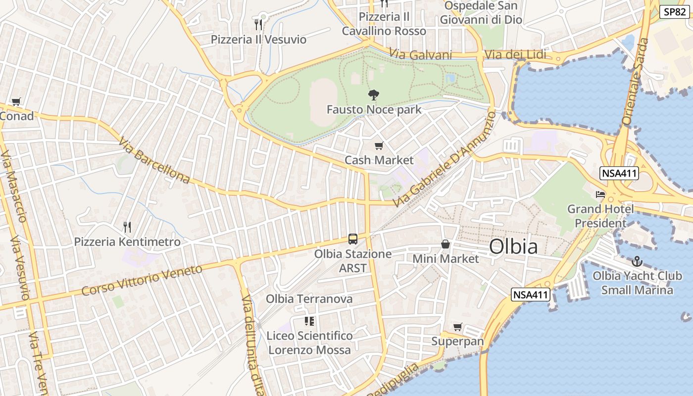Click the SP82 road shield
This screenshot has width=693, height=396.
coord(675,12)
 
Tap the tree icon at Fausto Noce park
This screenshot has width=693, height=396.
coord(374,95)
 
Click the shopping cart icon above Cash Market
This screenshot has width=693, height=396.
coord(379,146)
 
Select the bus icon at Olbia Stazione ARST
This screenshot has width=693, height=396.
coord(353,239)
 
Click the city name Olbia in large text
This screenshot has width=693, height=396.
coord(513,247)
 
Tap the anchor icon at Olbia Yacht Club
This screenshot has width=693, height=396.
coord(637,261)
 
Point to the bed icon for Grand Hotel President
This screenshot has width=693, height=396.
coord(600,194)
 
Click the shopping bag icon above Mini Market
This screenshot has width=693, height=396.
coord(445,244)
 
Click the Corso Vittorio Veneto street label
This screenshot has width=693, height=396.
coord(142,280)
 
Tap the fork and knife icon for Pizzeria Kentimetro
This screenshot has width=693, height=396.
coord(127,227)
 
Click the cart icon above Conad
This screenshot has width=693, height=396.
coord(16,101)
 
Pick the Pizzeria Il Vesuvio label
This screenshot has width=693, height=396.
coord(258,40)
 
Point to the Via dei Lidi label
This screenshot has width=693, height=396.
coord(515,54)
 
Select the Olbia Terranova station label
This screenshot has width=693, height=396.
coord(309,299)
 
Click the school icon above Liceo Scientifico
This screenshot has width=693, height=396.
coord(309,321)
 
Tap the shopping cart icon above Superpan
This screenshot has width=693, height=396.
coord(458,327)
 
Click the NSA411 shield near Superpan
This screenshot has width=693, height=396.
coord(531,295)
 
